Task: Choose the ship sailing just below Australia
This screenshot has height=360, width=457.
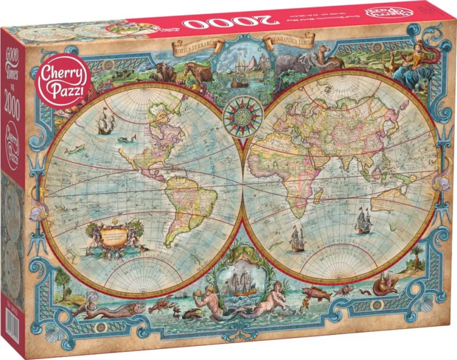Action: (x=364, y=221)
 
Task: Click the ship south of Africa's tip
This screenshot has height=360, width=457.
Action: (x=297, y=239)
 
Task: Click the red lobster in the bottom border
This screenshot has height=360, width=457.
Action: (x=162, y=304)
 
